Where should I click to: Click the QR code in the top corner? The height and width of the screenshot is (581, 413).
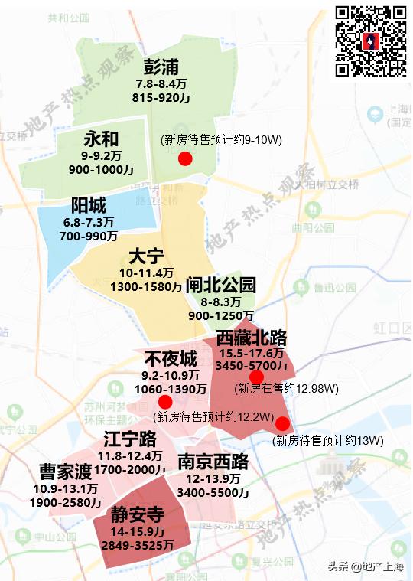(x=372, y=41)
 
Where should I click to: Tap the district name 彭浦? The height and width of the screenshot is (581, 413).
(x=163, y=67)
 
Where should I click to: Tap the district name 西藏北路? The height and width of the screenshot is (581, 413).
(x=251, y=338)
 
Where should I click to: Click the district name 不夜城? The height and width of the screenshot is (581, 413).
(x=170, y=359)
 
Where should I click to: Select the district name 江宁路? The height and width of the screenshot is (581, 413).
(x=130, y=439)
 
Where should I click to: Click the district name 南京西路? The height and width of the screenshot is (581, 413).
(x=213, y=462)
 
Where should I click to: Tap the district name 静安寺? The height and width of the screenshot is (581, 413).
(x=136, y=514)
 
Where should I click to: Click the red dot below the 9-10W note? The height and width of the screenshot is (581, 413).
(x=184, y=158)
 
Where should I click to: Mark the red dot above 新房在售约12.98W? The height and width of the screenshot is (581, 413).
(x=256, y=377)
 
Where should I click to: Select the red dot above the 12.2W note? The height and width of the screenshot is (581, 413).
(x=165, y=402)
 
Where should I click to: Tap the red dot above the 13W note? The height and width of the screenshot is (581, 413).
(x=282, y=424)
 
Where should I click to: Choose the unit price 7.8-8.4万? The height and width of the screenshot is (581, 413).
(x=161, y=84)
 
